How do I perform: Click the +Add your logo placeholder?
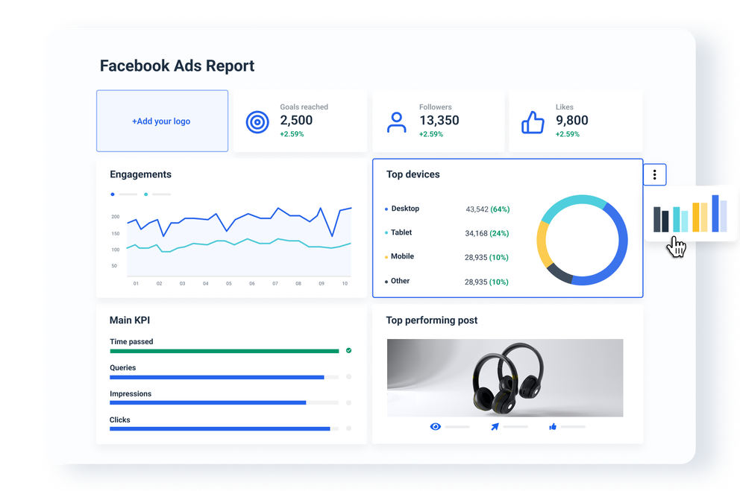162,121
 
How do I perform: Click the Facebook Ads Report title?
177,66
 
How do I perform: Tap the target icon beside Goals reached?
257,121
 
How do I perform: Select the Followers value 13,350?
439,121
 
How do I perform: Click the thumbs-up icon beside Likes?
533,122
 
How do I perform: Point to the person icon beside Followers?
397,122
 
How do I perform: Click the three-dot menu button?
654,175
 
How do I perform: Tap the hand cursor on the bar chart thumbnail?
677,247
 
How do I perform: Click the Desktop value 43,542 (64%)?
487,209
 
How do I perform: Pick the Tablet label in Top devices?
401,232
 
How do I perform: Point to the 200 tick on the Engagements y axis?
116,217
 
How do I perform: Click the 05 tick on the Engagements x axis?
228,284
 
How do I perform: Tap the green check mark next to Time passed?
348,350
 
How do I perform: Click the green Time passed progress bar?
224,351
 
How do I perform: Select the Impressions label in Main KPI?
131,393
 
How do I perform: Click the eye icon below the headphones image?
436,427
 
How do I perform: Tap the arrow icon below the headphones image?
494,427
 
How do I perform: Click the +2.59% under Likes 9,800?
567,135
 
